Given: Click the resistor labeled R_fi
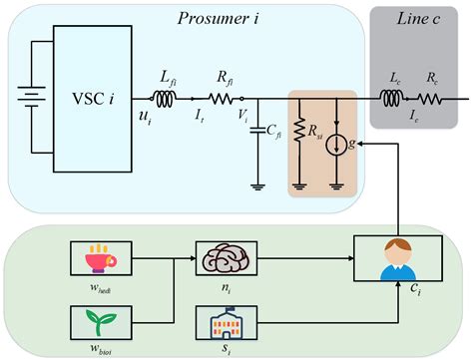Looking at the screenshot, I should (223, 99).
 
